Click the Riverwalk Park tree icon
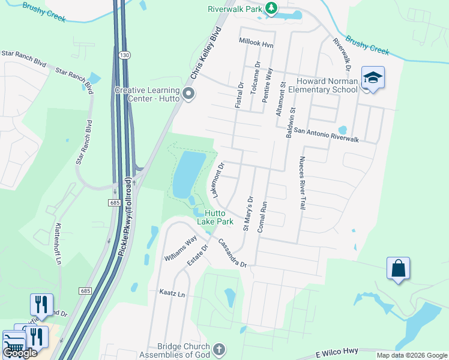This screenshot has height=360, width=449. [272, 8]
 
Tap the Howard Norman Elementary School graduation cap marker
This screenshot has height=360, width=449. [373, 79]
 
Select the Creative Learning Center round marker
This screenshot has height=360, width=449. [188, 94]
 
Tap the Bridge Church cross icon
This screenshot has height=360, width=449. [219, 349]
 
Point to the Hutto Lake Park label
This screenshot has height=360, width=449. [215, 217]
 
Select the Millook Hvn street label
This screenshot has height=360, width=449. [256, 43]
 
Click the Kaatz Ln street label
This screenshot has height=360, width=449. [172, 294]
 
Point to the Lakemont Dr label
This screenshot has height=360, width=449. [217, 179]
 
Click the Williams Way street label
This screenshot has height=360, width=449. [181, 250]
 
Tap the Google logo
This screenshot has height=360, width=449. [19, 353]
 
